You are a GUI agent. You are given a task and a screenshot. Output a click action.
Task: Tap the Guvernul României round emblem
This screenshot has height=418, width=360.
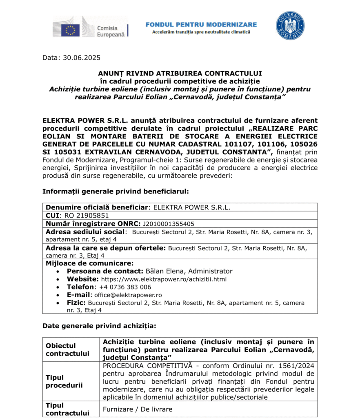tap(290, 26)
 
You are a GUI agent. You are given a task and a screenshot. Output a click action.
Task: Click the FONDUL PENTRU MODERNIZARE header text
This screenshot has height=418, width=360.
tap(201, 24)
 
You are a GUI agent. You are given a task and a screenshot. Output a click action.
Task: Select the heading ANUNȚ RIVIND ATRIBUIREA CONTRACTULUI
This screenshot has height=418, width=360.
tap(180, 73)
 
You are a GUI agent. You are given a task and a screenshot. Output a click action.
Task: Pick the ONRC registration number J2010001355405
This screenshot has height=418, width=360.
tap(168, 224)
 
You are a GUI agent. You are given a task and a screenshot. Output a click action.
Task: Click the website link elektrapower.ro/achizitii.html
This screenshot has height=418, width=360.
tap(164, 279)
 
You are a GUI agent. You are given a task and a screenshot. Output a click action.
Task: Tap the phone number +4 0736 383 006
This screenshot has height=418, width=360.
tap(125, 287)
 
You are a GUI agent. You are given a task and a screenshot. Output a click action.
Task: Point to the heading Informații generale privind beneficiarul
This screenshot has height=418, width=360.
tap(116, 191)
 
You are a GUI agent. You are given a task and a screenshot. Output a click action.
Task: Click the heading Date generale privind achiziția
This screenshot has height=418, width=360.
tap(99, 326)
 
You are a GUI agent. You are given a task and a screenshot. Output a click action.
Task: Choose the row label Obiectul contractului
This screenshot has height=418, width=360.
tap(67, 349)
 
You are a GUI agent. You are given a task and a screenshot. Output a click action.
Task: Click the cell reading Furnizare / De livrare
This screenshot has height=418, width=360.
tap(138, 409)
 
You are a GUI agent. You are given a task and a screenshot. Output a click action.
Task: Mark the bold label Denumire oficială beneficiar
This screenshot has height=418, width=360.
tap(96, 207)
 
